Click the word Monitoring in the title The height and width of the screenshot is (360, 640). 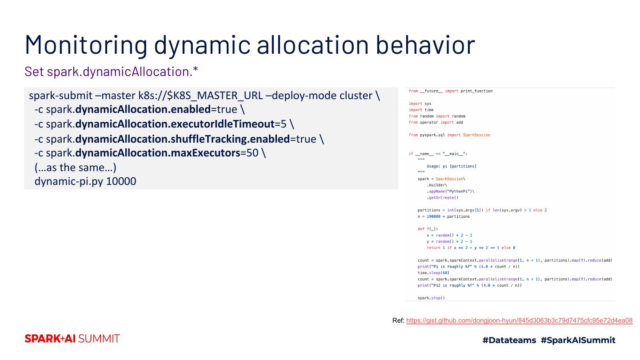(x=86, y=44)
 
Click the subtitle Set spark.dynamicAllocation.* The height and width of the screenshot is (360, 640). (x=111, y=72)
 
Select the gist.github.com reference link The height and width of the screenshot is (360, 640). (x=519, y=320)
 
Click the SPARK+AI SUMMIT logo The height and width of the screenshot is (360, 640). (x=72, y=339)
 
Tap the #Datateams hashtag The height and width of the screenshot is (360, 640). (x=509, y=340)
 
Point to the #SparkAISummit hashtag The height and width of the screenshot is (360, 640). (x=578, y=340)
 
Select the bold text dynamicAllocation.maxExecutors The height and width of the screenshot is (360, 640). (x=158, y=153)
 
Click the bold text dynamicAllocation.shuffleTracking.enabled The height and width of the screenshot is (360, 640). (x=182, y=139)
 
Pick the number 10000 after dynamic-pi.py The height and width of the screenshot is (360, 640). (x=121, y=181)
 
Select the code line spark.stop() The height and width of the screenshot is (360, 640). (x=431, y=298)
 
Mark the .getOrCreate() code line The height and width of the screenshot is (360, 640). (x=442, y=197)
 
